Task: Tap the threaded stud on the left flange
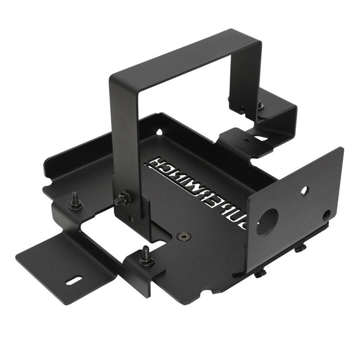[76, 200]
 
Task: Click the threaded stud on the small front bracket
[144, 256]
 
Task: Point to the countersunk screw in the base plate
[184, 237]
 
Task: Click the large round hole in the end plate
[266, 221]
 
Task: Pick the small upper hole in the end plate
[303, 190]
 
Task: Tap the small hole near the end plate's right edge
[326, 215]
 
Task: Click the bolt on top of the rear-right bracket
[260, 106]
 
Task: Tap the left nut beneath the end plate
[259, 274]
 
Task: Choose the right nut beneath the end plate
[299, 250]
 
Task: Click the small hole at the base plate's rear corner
[159, 132]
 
